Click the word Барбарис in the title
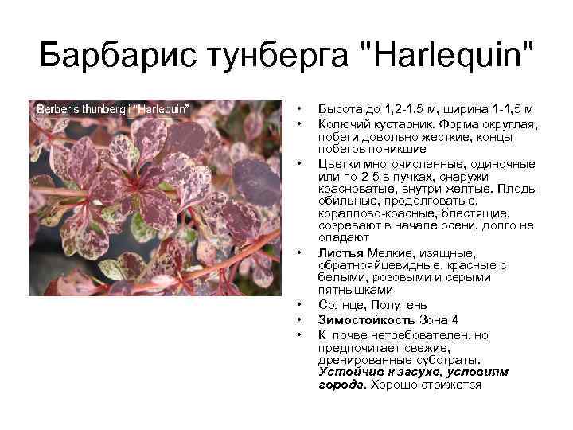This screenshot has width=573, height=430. point(109,57)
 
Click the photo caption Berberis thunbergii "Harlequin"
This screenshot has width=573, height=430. point(111,107)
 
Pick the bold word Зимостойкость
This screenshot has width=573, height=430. point(366,319)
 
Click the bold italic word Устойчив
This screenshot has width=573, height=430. point(347,372)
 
